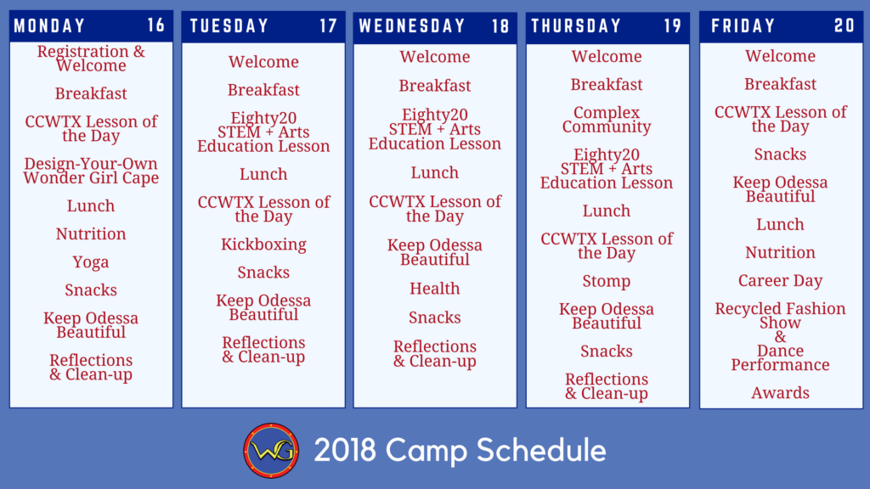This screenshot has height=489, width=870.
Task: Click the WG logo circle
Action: (x=271, y=450)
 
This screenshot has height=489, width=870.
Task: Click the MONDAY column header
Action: (x=49, y=25)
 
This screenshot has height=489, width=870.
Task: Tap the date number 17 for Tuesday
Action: (x=328, y=25)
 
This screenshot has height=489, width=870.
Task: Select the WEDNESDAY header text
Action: (x=412, y=26)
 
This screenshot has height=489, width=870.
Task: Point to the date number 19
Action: (x=673, y=26)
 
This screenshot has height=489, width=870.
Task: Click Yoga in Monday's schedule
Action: (x=90, y=262)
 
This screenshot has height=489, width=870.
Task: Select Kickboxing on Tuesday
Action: (x=263, y=244)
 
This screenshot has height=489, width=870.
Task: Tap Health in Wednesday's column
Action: (x=434, y=289)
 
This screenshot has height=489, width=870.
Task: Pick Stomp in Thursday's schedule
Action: (x=607, y=282)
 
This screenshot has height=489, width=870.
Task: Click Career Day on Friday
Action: (x=780, y=280)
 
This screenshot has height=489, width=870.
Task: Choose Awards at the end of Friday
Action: (x=780, y=393)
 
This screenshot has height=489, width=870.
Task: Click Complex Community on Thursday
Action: (x=607, y=120)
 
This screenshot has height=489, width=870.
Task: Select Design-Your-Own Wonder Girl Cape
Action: (x=90, y=171)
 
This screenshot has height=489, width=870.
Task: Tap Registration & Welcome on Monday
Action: (x=90, y=59)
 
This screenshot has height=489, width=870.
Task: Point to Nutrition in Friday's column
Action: (x=780, y=253)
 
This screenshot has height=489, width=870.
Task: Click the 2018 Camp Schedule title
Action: (x=460, y=450)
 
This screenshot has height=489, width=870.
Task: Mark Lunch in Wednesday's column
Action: (x=434, y=173)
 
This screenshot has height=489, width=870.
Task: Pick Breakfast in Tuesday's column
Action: (x=263, y=90)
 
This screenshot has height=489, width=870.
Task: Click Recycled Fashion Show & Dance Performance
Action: (x=780, y=336)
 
